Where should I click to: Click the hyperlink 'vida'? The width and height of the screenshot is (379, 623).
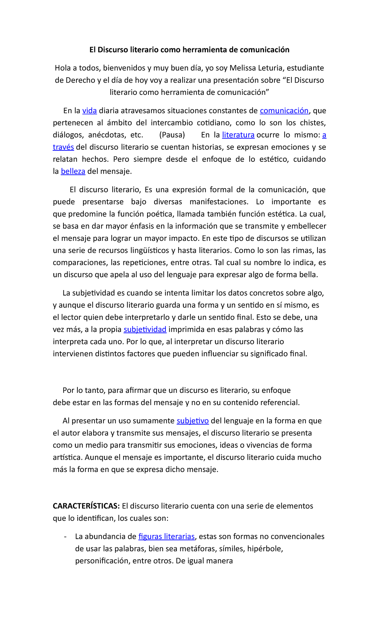(x=89, y=111)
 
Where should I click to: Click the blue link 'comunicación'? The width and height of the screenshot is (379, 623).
(x=284, y=111)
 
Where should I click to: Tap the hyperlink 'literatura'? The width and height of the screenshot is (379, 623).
(x=238, y=135)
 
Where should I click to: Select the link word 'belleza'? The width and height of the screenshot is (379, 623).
(x=73, y=171)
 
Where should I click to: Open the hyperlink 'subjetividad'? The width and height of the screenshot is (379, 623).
(x=145, y=329)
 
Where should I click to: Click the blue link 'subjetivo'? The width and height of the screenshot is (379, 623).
(x=193, y=421)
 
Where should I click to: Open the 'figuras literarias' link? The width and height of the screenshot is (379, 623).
(x=166, y=536)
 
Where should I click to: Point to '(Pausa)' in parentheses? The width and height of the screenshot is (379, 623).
(x=172, y=135)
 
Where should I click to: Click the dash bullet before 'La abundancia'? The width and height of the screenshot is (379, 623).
(x=65, y=537)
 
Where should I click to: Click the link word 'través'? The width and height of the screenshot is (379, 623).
(x=63, y=147)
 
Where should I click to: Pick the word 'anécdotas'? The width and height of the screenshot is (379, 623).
(x=106, y=135)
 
